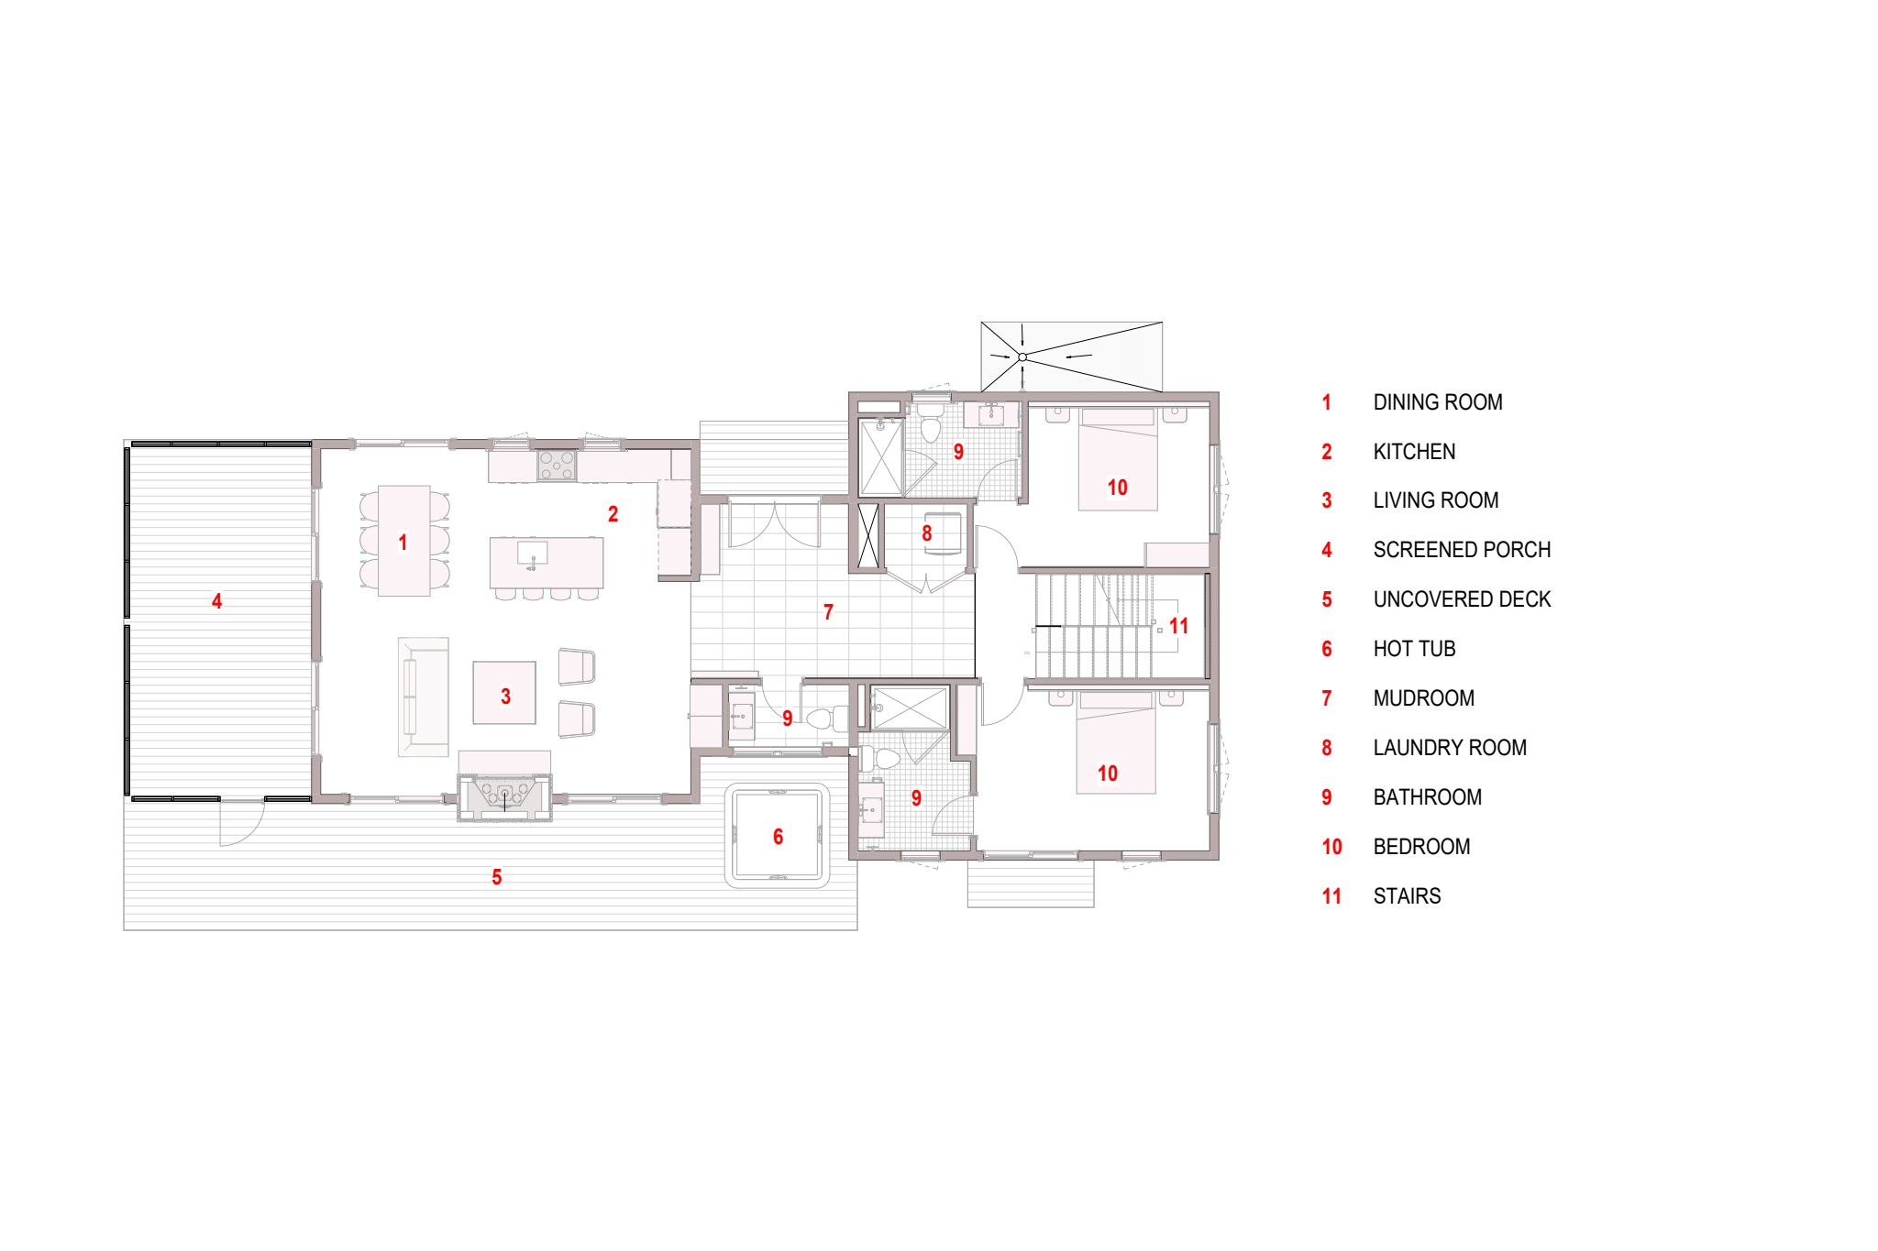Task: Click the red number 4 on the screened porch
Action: (x=216, y=601)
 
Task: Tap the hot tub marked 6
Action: (x=778, y=836)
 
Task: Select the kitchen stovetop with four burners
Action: (x=557, y=466)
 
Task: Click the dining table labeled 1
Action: (x=404, y=541)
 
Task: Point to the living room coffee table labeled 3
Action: (x=504, y=693)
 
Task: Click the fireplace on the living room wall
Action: (x=505, y=797)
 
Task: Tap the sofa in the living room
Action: (x=423, y=697)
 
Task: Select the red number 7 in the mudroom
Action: (x=828, y=612)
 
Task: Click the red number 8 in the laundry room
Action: (x=927, y=533)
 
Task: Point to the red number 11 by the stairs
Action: (x=1179, y=626)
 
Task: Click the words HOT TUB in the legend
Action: (x=1414, y=649)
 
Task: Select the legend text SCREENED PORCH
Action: (x=1462, y=550)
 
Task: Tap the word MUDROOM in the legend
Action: (x=1423, y=698)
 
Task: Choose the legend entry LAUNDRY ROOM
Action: (x=1450, y=748)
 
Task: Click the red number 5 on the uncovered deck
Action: (x=497, y=877)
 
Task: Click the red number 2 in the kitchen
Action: (x=613, y=514)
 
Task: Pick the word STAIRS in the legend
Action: (x=1407, y=896)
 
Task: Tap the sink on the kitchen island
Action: (x=533, y=554)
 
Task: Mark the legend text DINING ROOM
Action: (x=1438, y=402)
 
